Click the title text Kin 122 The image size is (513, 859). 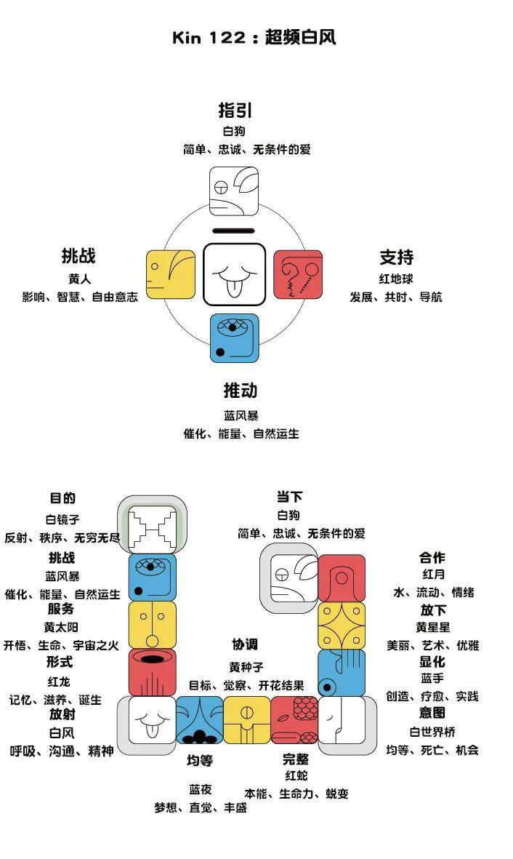click(x=209, y=38)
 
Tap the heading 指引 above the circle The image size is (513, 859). click(x=235, y=111)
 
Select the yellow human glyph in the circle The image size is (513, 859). click(x=171, y=274)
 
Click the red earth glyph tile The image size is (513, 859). click(x=298, y=274)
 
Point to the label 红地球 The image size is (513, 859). click(x=396, y=279)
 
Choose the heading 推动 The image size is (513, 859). click(x=240, y=391)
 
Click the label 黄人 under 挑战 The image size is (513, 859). click(x=79, y=279)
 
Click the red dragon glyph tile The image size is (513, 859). click(x=153, y=672)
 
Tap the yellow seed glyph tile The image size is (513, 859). click(x=247, y=720)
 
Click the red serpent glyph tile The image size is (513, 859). click(x=294, y=720)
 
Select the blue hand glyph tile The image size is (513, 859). click(x=342, y=672)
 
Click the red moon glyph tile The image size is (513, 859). click(x=342, y=578)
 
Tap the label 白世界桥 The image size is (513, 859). click(x=432, y=732)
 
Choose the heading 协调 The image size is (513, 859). click(x=245, y=644)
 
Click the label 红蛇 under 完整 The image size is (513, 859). click(x=296, y=776)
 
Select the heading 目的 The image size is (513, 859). click(x=62, y=498)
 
